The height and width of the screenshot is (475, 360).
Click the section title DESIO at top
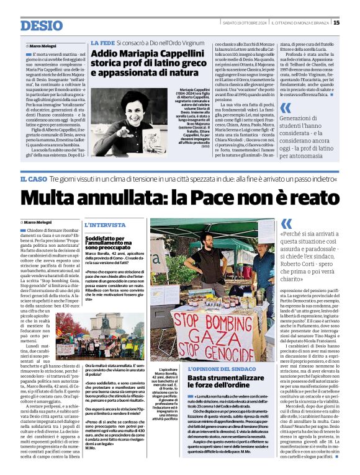coord(42,25)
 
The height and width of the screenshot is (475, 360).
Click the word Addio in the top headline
coord(109,55)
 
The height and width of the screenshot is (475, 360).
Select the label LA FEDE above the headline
coord(102,43)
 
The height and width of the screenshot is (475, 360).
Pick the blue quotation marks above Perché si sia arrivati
coord(286,224)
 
